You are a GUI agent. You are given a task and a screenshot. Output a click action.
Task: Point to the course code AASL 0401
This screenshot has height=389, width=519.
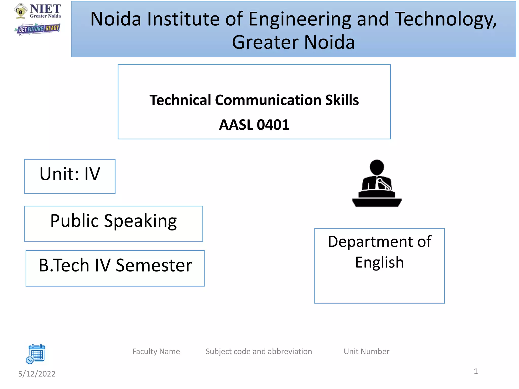(254, 125)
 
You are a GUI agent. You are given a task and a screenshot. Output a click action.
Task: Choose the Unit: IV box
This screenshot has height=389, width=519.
(70, 176)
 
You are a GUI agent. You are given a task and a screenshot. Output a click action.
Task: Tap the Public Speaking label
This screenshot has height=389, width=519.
(113, 221)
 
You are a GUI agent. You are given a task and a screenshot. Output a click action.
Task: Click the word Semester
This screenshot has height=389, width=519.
(154, 265)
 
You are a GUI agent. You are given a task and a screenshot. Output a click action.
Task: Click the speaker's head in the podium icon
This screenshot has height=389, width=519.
(377, 167)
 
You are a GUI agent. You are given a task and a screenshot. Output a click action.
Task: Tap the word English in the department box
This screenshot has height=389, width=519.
(379, 262)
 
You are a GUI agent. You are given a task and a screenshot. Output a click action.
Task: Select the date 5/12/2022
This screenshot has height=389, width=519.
(37, 374)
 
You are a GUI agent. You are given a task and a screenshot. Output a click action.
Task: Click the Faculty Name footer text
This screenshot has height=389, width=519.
(156, 352)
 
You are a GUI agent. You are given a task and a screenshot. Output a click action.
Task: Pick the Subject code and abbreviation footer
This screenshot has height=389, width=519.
(259, 352)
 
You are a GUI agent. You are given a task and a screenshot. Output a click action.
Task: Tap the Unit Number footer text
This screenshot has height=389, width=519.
(366, 352)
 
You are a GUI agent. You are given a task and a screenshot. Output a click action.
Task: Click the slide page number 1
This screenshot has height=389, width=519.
(476, 371)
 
